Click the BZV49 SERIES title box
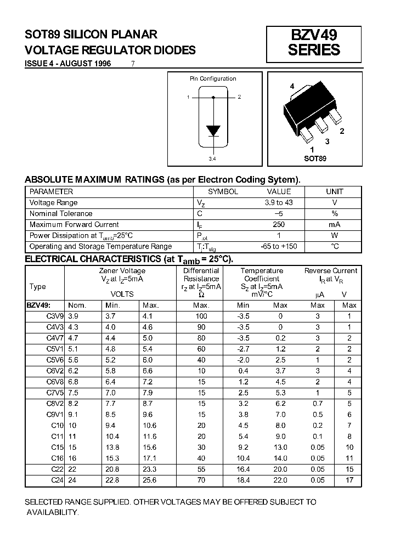point(314,43)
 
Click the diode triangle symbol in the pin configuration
point(213,131)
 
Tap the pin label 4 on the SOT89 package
point(292,87)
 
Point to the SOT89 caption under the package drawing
point(315,158)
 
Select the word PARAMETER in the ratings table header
point(51,191)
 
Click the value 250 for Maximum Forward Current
point(279,224)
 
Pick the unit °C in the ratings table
point(335,246)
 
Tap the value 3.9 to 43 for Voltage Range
point(279,202)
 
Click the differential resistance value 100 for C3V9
point(201,316)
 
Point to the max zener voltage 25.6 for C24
point(149,480)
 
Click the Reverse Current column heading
point(330,270)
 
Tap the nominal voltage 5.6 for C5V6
point(74,360)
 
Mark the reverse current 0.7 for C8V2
point(318,403)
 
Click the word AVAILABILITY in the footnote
point(54,512)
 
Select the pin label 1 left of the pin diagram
point(188,97)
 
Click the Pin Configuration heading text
point(213,78)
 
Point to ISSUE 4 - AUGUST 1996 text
point(68,64)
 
